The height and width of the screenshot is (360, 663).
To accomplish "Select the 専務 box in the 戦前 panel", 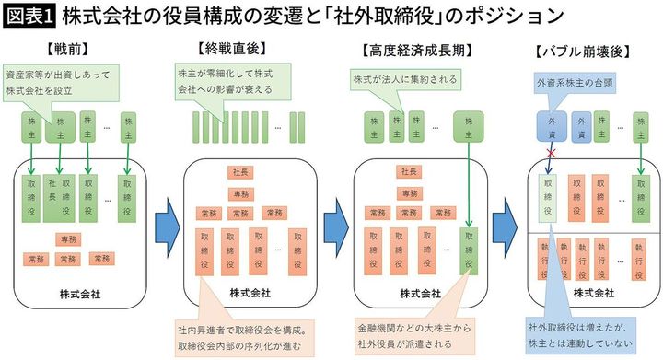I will coord(68,238).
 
